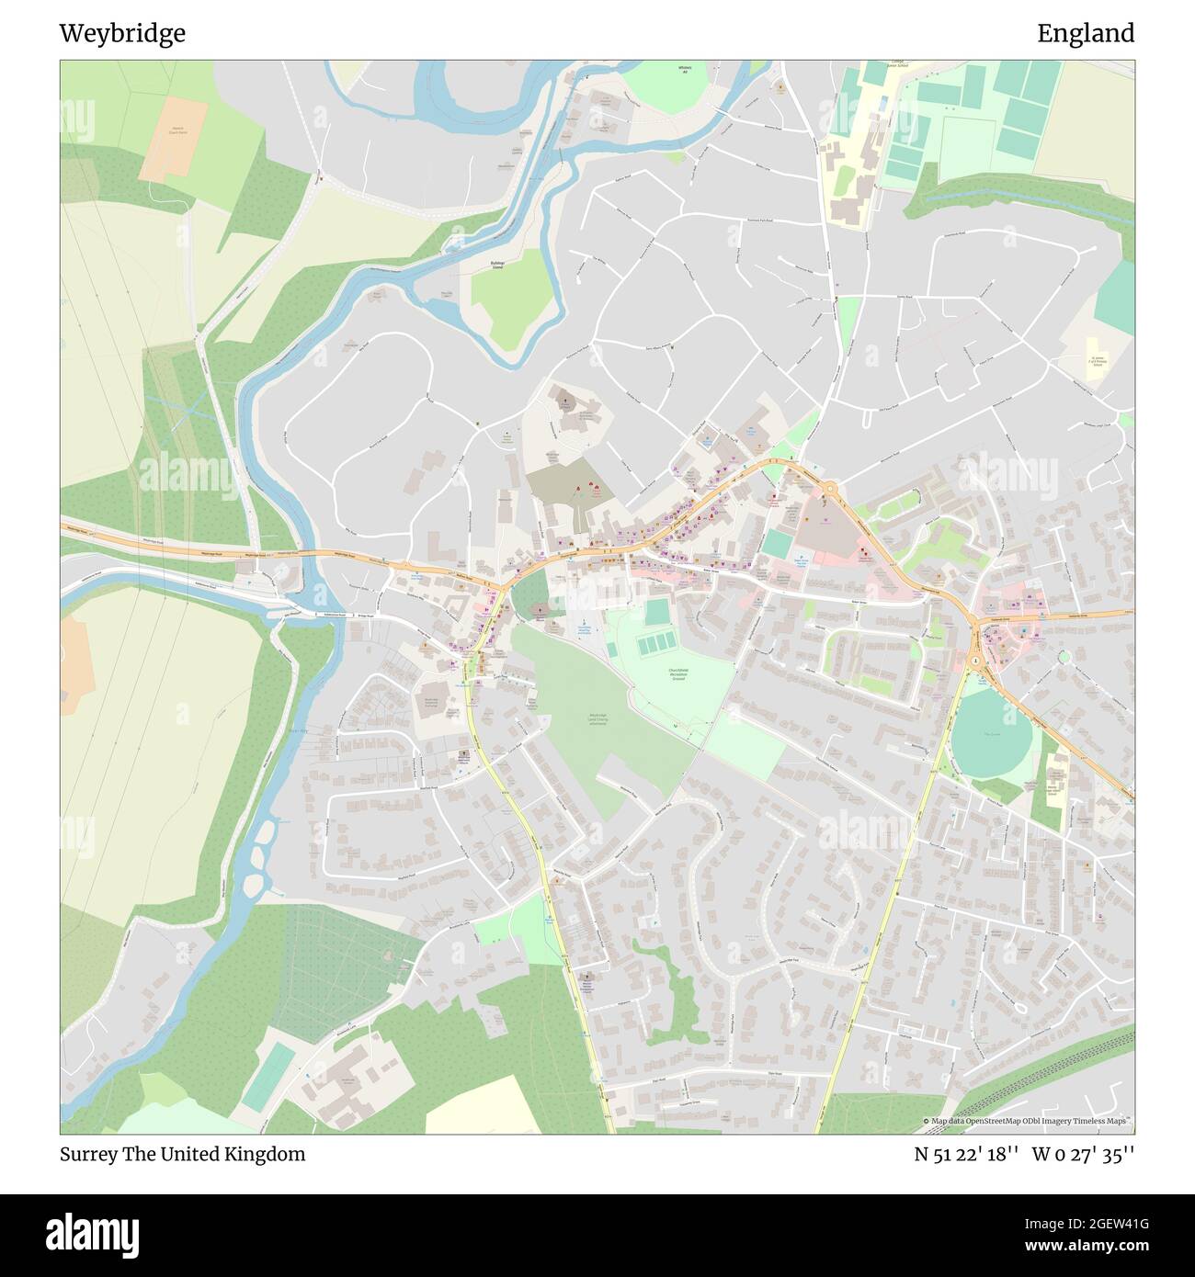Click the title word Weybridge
[122, 34]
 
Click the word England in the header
[1086, 34]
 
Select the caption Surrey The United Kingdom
[182, 1155]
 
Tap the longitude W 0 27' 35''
[1083, 1155]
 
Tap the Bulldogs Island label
[499, 265]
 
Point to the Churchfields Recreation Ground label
[677, 675]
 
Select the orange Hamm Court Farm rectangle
[174, 138]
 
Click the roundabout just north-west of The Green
[974, 661]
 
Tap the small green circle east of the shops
[1064, 657]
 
